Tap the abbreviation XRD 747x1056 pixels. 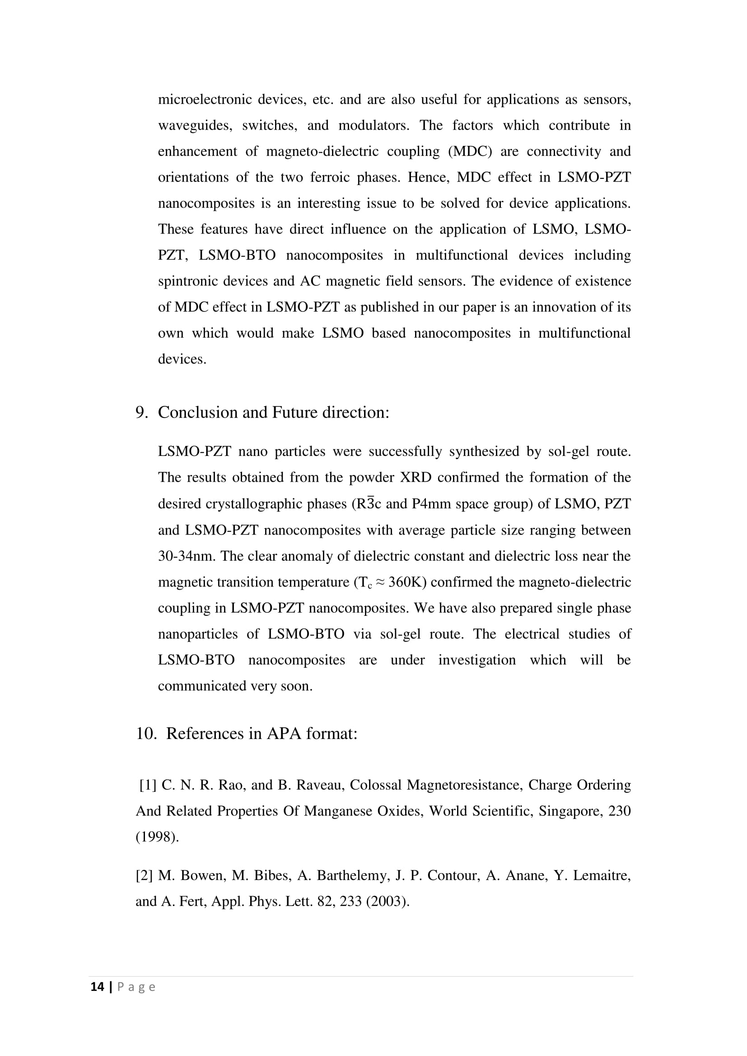(x=416, y=477)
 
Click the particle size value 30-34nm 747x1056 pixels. (x=186, y=556)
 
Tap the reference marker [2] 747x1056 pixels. (x=144, y=875)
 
